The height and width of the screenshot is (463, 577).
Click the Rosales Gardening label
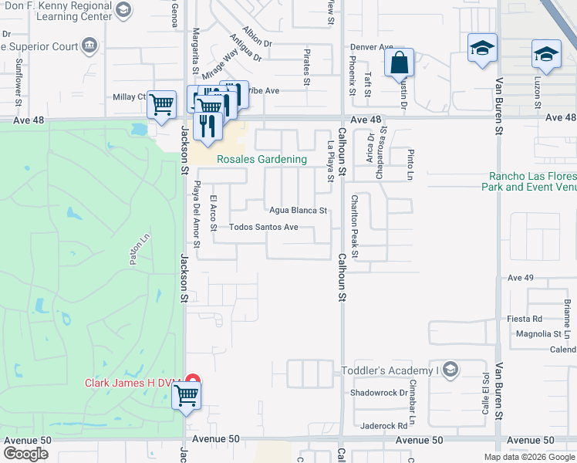click(x=262, y=160)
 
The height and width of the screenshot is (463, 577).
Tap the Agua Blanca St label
click(x=298, y=210)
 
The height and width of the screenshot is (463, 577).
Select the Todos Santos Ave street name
click(x=264, y=228)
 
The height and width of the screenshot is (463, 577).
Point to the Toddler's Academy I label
click(x=390, y=370)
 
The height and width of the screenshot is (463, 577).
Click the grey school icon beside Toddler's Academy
click(x=451, y=370)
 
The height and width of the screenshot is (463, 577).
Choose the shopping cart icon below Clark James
click(x=185, y=397)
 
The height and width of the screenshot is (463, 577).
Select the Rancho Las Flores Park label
click(x=528, y=181)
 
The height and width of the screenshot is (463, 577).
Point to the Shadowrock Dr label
click(x=378, y=392)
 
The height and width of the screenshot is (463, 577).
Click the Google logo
click(x=25, y=454)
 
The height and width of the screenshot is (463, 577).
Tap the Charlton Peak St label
click(x=355, y=225)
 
